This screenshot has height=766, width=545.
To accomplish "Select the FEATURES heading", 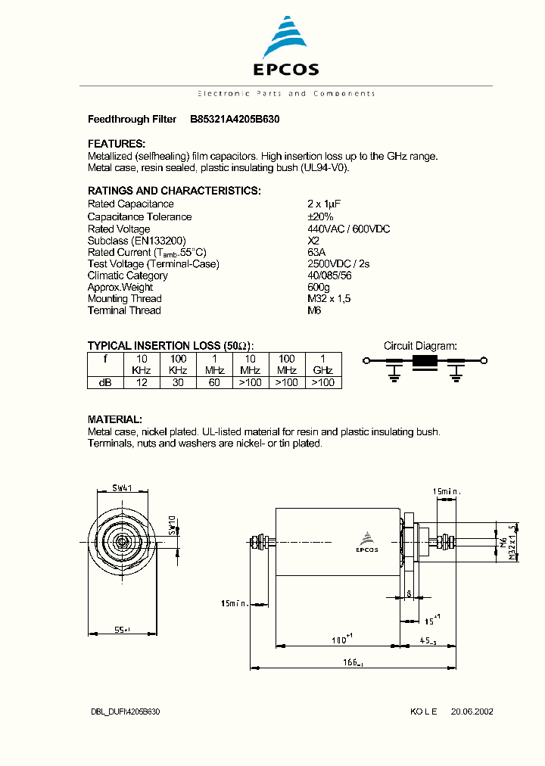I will (x=116, y=144).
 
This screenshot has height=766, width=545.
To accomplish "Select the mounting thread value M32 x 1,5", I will (x=329, y=298).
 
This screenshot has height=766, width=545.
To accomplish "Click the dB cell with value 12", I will (x=142, y=383).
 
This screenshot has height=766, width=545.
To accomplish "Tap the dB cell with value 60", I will (x=214, y=383).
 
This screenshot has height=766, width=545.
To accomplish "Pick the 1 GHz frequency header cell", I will (x=323, y=364).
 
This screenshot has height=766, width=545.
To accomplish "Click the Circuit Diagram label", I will (x=420, y=346).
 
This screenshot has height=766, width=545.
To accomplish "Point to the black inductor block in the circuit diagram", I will (x=425, y=361).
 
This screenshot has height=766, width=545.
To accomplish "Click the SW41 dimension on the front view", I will (x=123, y=488).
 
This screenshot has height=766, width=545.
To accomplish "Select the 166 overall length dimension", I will (x=350, y=663).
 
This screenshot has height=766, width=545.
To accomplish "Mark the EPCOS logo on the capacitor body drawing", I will (x=367, y=543).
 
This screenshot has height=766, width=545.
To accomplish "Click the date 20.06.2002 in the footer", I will (x=472, y=712).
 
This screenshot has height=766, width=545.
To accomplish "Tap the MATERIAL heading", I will (x=115, y=419).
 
